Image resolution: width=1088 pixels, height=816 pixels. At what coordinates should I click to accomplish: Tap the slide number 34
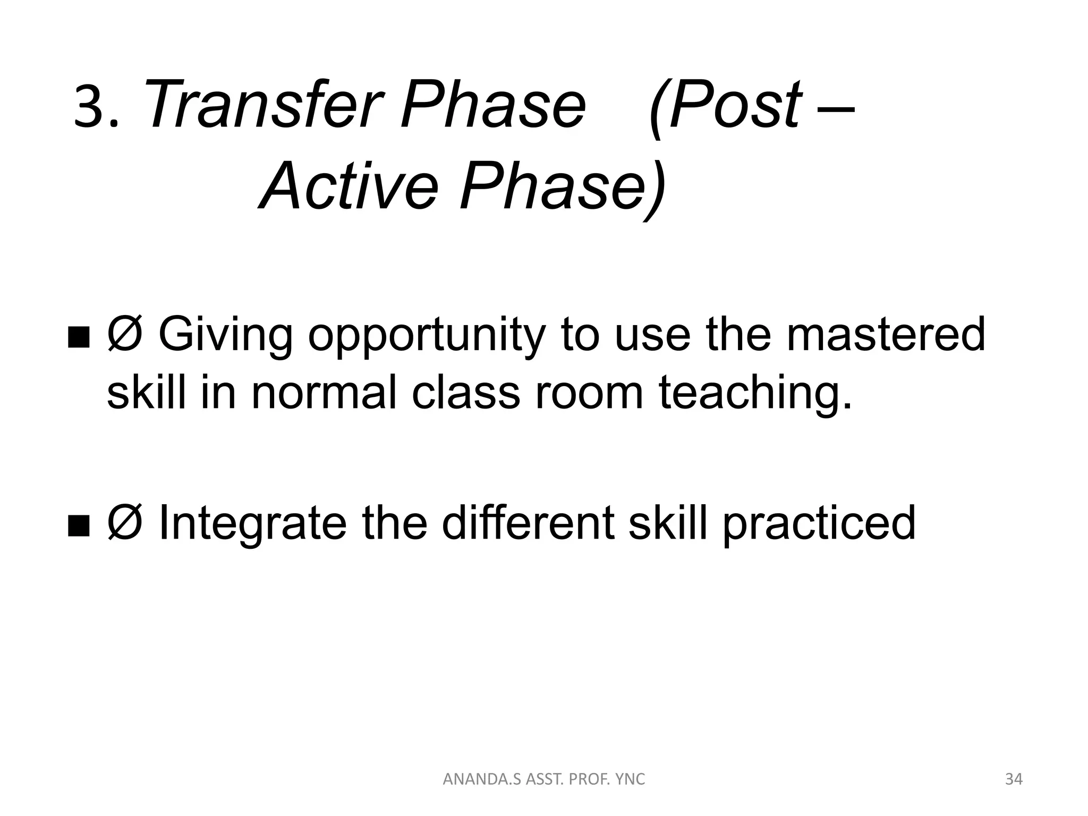pos(1014,779)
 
